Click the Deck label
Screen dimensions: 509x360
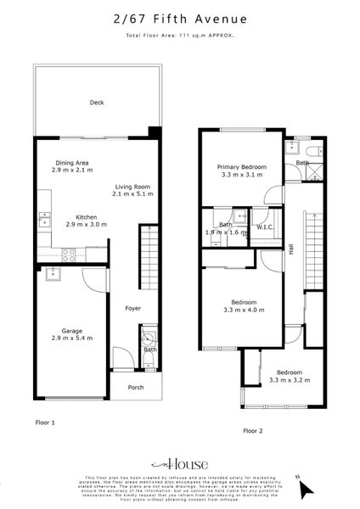[x=97, y=103]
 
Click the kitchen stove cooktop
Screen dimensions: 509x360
[x=68, y=252]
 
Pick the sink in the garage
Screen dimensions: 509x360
[x=51, y=273]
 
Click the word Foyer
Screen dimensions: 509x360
[x=132, y=308]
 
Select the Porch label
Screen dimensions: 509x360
[x=135, y=388]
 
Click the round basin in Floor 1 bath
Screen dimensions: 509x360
[x=149, y=333]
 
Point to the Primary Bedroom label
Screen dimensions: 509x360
[x=242, y=167]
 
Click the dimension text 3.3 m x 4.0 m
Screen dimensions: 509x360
[x=242, y=310]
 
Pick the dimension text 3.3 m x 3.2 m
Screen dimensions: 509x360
[x=290, y=379]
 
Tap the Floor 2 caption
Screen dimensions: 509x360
[x=254, y=431]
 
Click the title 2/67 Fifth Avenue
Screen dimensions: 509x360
[x=179, y=19]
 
